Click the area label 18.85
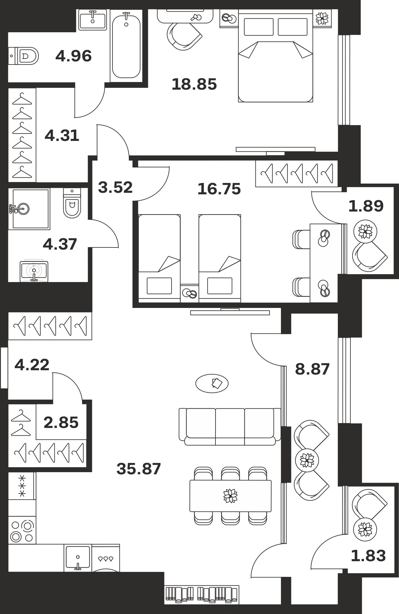point(194,84)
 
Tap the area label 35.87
point(139,469)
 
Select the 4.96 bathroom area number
point(73,56)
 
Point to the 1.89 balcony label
point(366,206)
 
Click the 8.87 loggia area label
point(312,369)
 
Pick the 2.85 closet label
point(61,422)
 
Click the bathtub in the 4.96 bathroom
point(126,45)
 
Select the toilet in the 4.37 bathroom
point(72,203)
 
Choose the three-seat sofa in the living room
point(230,426)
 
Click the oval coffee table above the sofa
point(212,383)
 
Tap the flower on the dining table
point(231,496)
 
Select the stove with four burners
point(22,530)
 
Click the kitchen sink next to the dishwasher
point(78,558)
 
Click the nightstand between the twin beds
point(190,293)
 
